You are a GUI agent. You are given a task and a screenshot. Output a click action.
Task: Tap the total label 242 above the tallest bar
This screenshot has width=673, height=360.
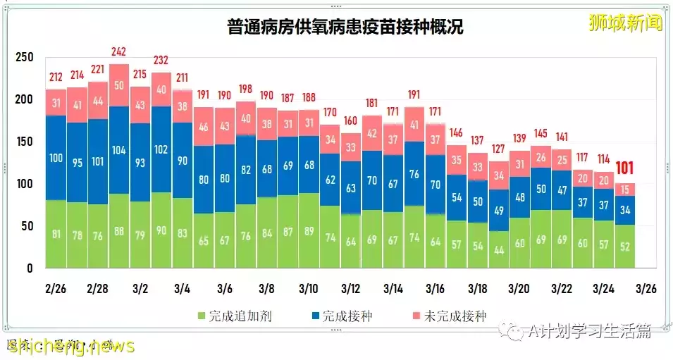120,52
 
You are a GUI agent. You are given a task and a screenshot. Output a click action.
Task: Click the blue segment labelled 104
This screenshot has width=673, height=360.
120,150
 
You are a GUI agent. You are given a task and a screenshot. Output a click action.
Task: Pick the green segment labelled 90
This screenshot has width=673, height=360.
161,231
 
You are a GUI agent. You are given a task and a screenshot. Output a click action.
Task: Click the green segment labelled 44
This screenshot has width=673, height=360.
498,250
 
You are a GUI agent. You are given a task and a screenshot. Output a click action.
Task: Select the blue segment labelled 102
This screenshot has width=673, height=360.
161,149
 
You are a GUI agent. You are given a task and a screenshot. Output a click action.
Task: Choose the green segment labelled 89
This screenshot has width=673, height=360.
308,231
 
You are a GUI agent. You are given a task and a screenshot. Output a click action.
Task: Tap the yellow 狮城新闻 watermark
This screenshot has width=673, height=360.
625,23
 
